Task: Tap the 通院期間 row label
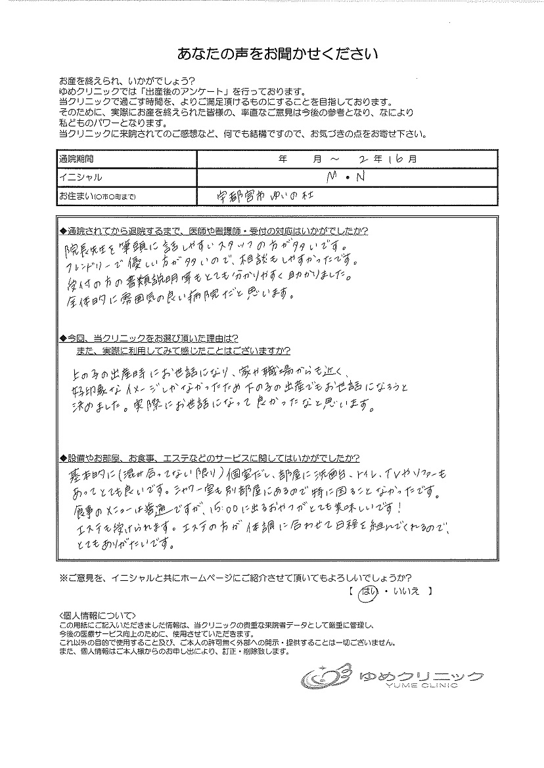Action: [x=77, y=159]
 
